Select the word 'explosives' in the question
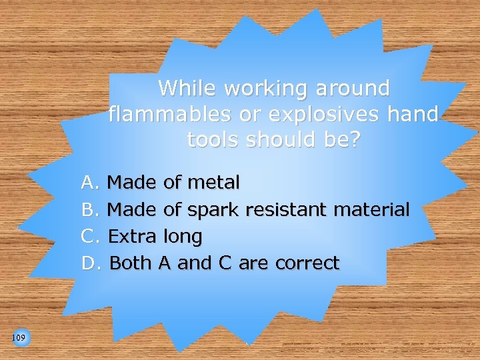[308, 114]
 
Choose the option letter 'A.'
[90, 182]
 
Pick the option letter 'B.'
[90, 210]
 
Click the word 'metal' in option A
[215, 182]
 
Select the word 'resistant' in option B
[287, 210]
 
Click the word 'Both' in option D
[131, 263]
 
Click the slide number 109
[19, 339]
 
